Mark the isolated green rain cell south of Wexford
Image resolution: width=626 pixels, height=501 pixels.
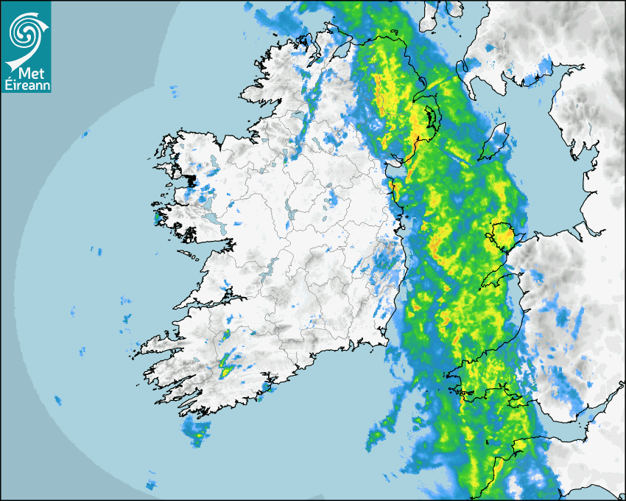coord(376,438)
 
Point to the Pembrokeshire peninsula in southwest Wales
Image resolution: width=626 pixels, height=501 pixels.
coord(460,383)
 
